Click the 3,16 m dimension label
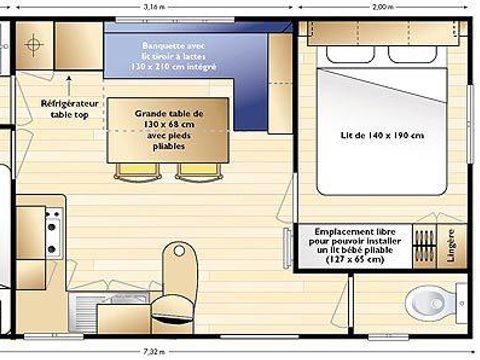[x=152, y=6]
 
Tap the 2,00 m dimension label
[x=382, y=6]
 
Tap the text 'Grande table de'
[x=169, y=115]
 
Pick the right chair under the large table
[x=194, y=170]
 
